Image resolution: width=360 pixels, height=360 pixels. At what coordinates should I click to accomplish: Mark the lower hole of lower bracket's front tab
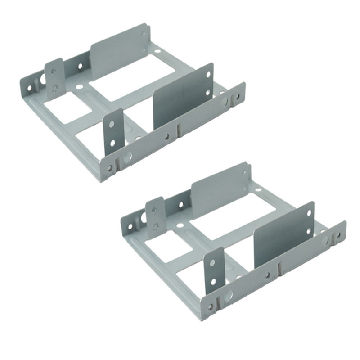tap(213, 282)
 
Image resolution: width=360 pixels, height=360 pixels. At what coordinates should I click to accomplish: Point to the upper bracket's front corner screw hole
tap(109, 168)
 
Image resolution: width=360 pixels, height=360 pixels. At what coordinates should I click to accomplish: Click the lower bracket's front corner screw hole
tap(210, 307)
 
